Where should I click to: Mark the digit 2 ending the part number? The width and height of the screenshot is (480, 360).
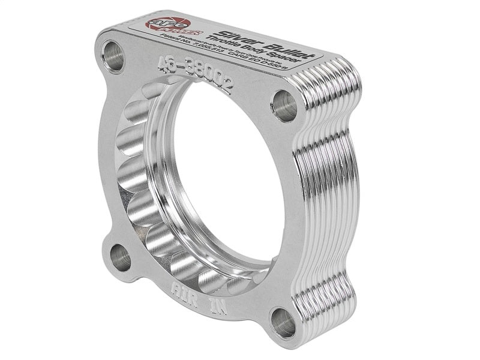pos(225,88)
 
